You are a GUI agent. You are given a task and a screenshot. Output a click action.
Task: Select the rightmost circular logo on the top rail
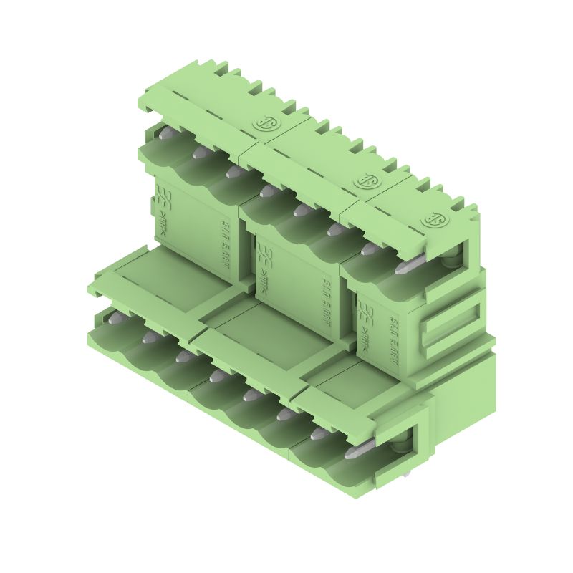pos(433,220)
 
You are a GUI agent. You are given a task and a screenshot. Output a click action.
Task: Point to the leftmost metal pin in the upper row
pos(165,133)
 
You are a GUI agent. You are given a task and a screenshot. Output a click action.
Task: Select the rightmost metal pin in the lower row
pos(356,451)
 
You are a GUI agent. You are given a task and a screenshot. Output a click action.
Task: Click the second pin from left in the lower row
pos(148,335)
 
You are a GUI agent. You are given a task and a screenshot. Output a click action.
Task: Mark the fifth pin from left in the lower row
pos(250,394)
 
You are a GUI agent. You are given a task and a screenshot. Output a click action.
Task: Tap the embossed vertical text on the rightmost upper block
pos(393,342)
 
